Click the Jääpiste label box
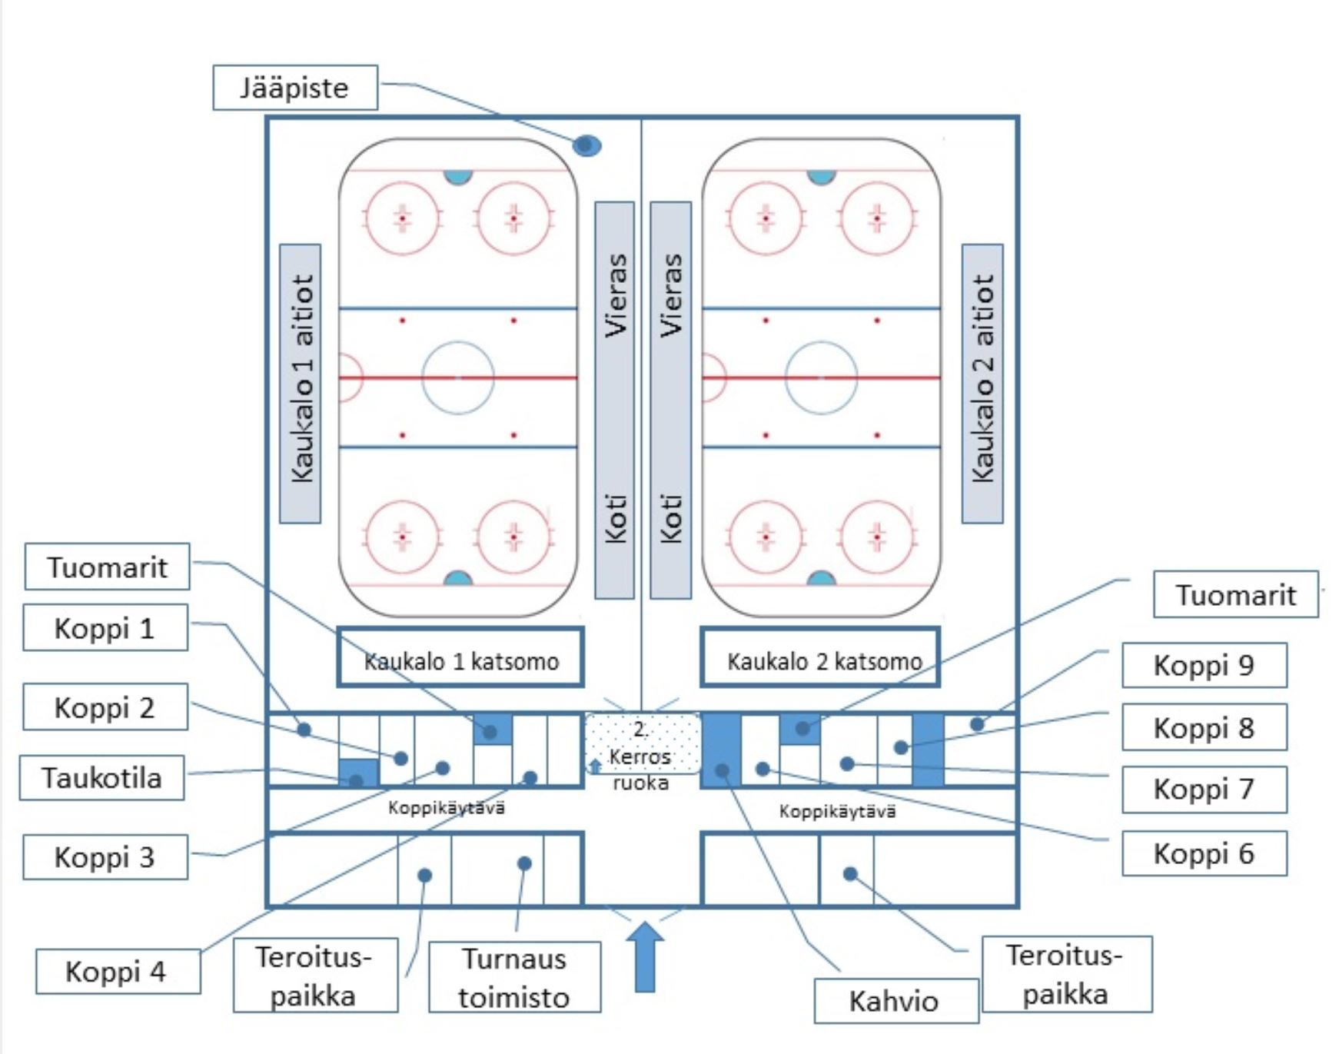pyautogui.click(x=295, y=88)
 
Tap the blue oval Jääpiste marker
pyautogui.click(x=586, y=145)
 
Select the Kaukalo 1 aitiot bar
pyautogui.click(x=301, y=383)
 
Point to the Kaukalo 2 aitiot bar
pyautogui.click(x=982, y=383)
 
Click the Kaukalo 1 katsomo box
pyautogui.click(x=460, y=658)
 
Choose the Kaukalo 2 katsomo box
pyautogui.click(x=820, y=658)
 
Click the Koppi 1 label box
pyautogui.click(x=105, y=628)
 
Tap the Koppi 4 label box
pyautogui.click(x=118, y=971)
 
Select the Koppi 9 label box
pyautogui.click(x=1204, y=665)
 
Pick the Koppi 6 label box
pyautogui.click(x=1204, y=853)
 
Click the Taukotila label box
pyautogui.click(x=102, y=777)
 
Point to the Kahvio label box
pyautogui.click(x=895, y=1001)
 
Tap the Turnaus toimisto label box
pyautogui.click(x=514, y=977)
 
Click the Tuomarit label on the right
pyautogui.click(x=1235, y=594)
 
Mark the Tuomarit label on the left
pyautogui.click(x=107, y=567)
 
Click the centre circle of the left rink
pyautogui.click(x=458, y=377)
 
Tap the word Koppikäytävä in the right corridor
pyautogui.click(x=837, y=811)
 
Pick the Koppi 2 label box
pyautogui.click(x=105, y=707)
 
